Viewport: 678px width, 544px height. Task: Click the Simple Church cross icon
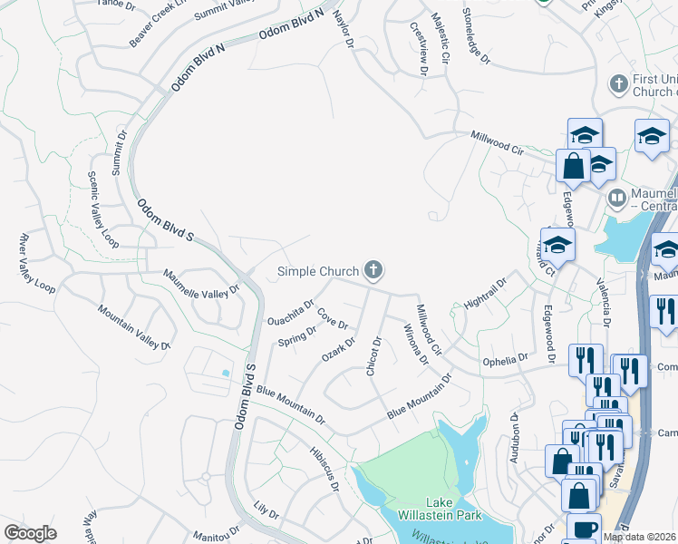(x=373, y=269)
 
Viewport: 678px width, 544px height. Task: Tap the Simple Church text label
(x=318, y=270)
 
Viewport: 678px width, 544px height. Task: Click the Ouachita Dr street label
(x=291, y=313)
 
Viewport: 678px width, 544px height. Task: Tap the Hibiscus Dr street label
(x=324, y=467)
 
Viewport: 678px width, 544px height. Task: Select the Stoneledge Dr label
(x=476, y=36)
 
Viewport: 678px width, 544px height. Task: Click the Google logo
(x=30, y=532)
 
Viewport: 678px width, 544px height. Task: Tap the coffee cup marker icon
(x=584, y=528)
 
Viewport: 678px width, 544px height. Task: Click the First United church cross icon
(x=619, y=84)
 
